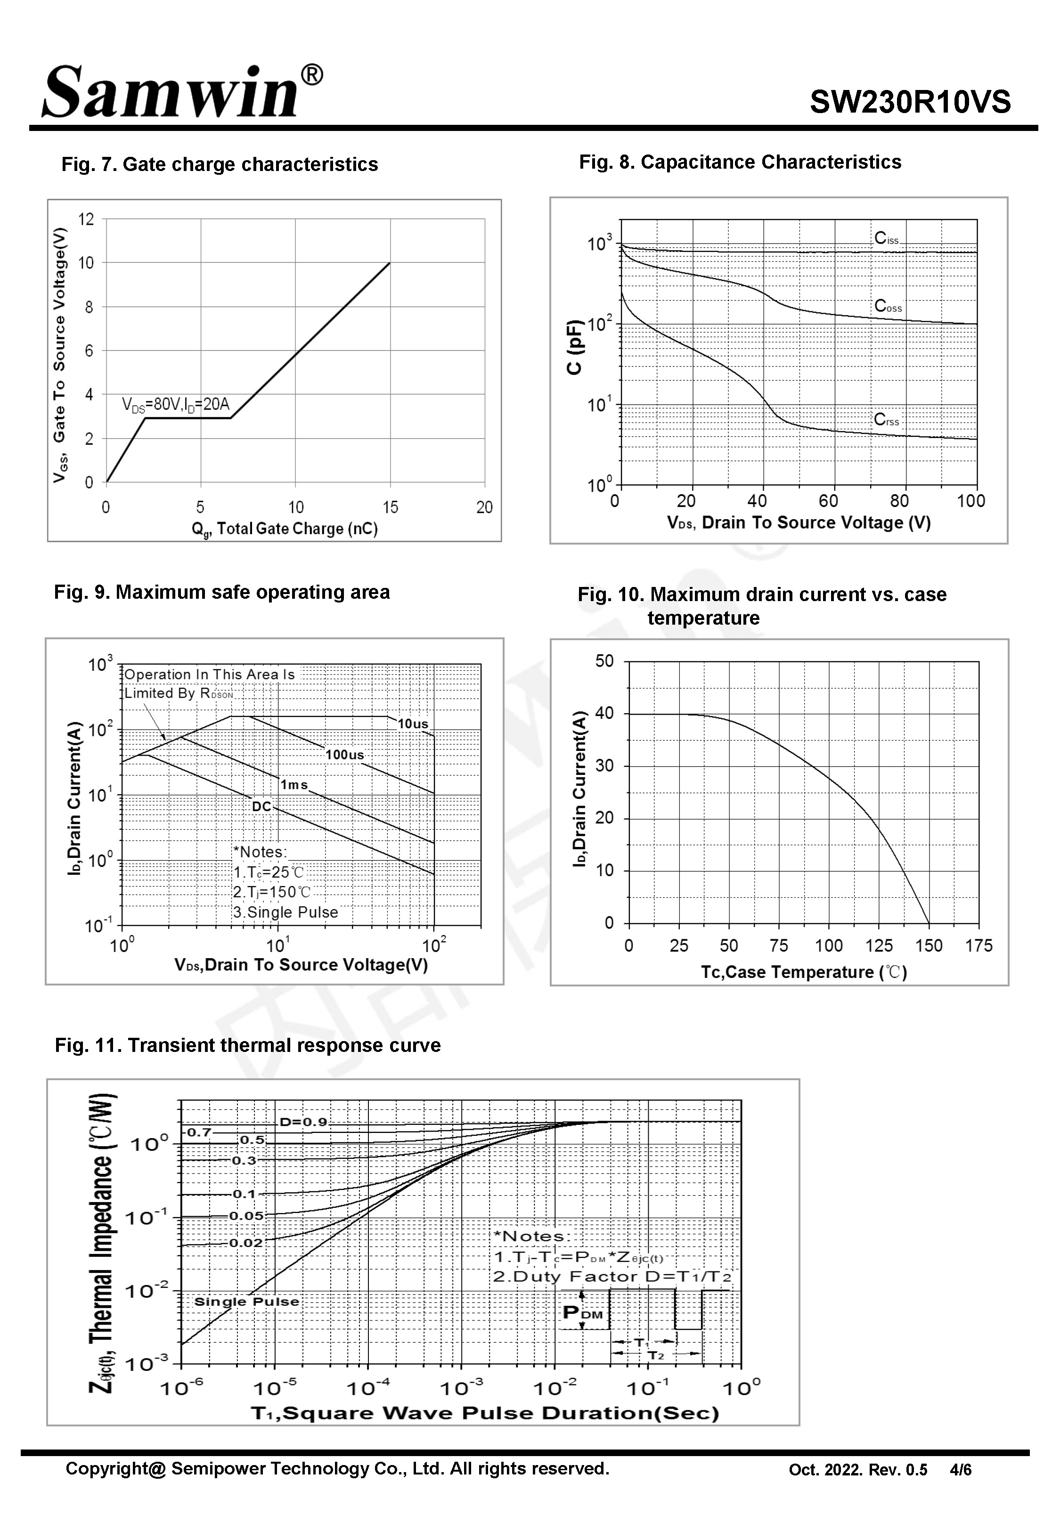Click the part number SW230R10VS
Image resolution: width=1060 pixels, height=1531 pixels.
click(x=909, y=102)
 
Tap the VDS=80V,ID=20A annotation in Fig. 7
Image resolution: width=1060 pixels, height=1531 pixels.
click(x=175, y=404)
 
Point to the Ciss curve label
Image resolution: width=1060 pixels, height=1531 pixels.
click(x=886, y=238)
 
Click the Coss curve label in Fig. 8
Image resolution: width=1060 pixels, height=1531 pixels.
click(x=887, y=306)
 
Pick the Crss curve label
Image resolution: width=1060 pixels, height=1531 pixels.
click(x=886, y=420)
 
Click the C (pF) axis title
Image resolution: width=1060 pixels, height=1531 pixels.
click(x=574, y=347)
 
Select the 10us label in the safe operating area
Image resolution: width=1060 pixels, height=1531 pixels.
click(x=412, y=724)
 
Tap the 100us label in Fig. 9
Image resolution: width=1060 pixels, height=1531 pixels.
click(x=344, y=754)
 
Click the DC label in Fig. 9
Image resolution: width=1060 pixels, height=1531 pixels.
click(x=261, y=806)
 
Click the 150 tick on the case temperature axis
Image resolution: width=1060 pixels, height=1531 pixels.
click(x=929, y=945)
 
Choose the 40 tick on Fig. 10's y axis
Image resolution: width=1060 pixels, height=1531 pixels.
click(x=604, y=714)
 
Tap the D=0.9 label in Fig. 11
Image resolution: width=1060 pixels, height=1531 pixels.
click(x=303, y=1122)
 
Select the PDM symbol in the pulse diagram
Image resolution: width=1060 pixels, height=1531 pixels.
click(x=582, y=1312)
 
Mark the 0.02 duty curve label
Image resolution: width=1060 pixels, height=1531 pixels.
click(x=246, y=1242)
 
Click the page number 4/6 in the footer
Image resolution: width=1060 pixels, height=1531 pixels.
click(x=961, y=1470)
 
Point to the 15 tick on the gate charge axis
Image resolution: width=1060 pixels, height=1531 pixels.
click(x=390, y=507)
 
